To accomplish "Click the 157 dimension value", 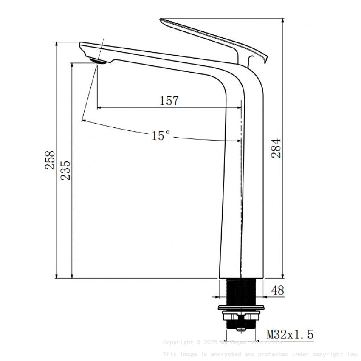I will (169, 101).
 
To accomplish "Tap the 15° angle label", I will (161, 135).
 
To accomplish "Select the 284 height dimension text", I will (276, 148).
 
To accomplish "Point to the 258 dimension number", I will (51, 160).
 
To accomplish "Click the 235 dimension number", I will (65, 170).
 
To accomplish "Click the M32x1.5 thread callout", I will (290, 335).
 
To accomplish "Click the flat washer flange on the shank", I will (240, 307).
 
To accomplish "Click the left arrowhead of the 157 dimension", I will (99, 108).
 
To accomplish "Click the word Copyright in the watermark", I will (178, 342).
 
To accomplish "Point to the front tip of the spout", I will (81, 43).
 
